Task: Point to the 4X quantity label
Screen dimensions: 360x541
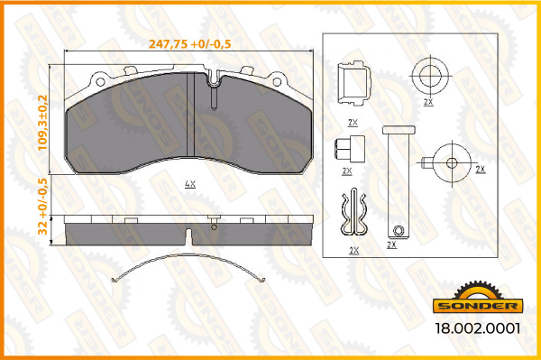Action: tap(189, 183)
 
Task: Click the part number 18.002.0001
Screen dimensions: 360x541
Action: tap(479, 330)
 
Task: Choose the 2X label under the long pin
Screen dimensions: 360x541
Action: tap(391, 245)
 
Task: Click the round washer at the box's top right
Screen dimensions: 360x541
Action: tap(428, 75)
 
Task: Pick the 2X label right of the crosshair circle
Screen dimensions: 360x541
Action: tap(480, 169)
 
